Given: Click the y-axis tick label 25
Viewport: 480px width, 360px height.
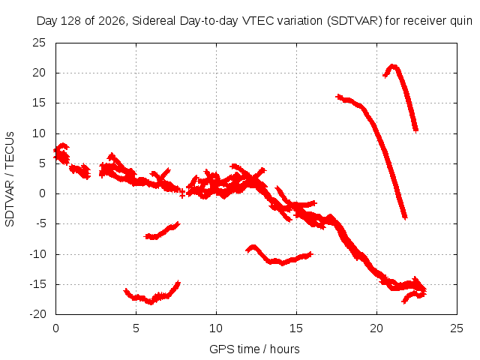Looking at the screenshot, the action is tap(39, 43).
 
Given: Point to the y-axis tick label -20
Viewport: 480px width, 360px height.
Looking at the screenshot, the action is tap(37, 314).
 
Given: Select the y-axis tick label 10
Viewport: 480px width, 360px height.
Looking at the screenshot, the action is tap(39, 133).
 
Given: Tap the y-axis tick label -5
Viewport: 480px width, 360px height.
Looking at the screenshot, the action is tap(40, 223).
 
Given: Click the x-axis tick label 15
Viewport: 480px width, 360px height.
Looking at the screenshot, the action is tap(296, 328).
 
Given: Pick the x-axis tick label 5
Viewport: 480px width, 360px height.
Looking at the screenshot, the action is tap(136, 328).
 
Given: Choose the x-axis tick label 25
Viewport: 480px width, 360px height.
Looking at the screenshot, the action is tap(457, 328).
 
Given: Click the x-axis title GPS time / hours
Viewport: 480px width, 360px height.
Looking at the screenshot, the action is tap(254, 349).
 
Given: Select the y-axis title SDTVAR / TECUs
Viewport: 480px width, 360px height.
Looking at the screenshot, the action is tap(10, 179).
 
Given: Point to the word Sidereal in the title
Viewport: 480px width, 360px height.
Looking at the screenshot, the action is tap(154, 21).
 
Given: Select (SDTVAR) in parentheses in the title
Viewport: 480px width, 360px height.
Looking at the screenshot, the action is tap(355, 21).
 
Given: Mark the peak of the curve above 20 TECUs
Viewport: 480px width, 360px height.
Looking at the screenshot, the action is tap(393, 66).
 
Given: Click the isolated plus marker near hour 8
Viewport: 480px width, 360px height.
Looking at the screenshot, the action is tap(182, 193).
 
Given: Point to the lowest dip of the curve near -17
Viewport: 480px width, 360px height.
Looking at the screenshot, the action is tap(151, 302).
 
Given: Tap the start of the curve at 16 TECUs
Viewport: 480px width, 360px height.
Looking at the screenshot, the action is tap(338, 97).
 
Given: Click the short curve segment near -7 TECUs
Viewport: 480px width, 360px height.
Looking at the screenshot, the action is tap(162, 232).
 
